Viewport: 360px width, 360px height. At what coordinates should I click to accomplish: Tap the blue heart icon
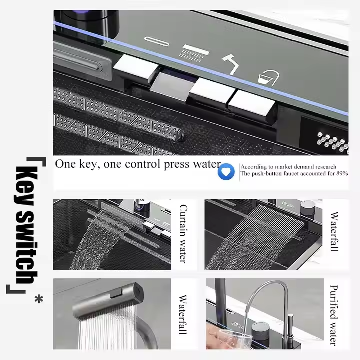coord(226,171)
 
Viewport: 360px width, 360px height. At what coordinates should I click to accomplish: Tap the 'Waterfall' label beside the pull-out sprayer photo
coord(183,314)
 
